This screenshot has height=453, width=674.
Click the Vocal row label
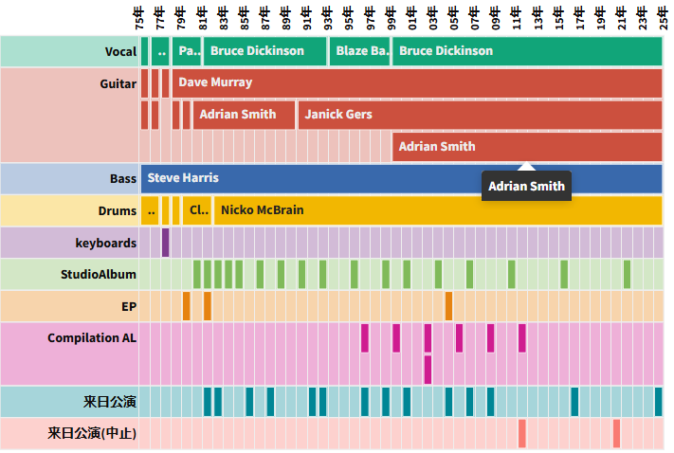tap(120, 51)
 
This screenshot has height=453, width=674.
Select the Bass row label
tap(123, 178)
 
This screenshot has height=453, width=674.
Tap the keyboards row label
tap(106, 243)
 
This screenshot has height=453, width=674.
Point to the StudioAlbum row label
tap(99, 275)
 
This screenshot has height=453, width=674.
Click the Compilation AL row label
tap(92, 338)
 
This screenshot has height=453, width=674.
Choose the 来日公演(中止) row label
tap(92, 434)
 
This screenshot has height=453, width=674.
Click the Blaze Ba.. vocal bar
tap(360, 51)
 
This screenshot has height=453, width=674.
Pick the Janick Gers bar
tap(479, 115)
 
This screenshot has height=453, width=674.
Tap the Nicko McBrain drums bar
tap(437, 210)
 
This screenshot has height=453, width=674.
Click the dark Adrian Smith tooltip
tap(526, 187)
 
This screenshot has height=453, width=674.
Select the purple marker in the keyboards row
tap(165, 243)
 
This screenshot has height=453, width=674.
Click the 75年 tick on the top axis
tap(140, 16)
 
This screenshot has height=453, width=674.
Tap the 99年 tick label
tap(391, 16)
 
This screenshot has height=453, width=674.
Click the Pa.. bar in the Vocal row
tap(188, 51)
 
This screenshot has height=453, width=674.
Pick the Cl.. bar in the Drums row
tap(198, 210)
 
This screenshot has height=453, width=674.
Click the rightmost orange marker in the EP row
tap(448, 306)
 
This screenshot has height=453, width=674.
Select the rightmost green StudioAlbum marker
tap(627, 275)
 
